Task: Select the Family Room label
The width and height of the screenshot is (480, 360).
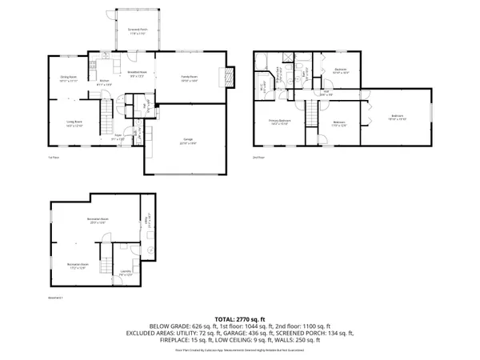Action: coord(188,77)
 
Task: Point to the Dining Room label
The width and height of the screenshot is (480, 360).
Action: coord(67,78)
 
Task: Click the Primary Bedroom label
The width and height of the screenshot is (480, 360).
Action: coord(278,122)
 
